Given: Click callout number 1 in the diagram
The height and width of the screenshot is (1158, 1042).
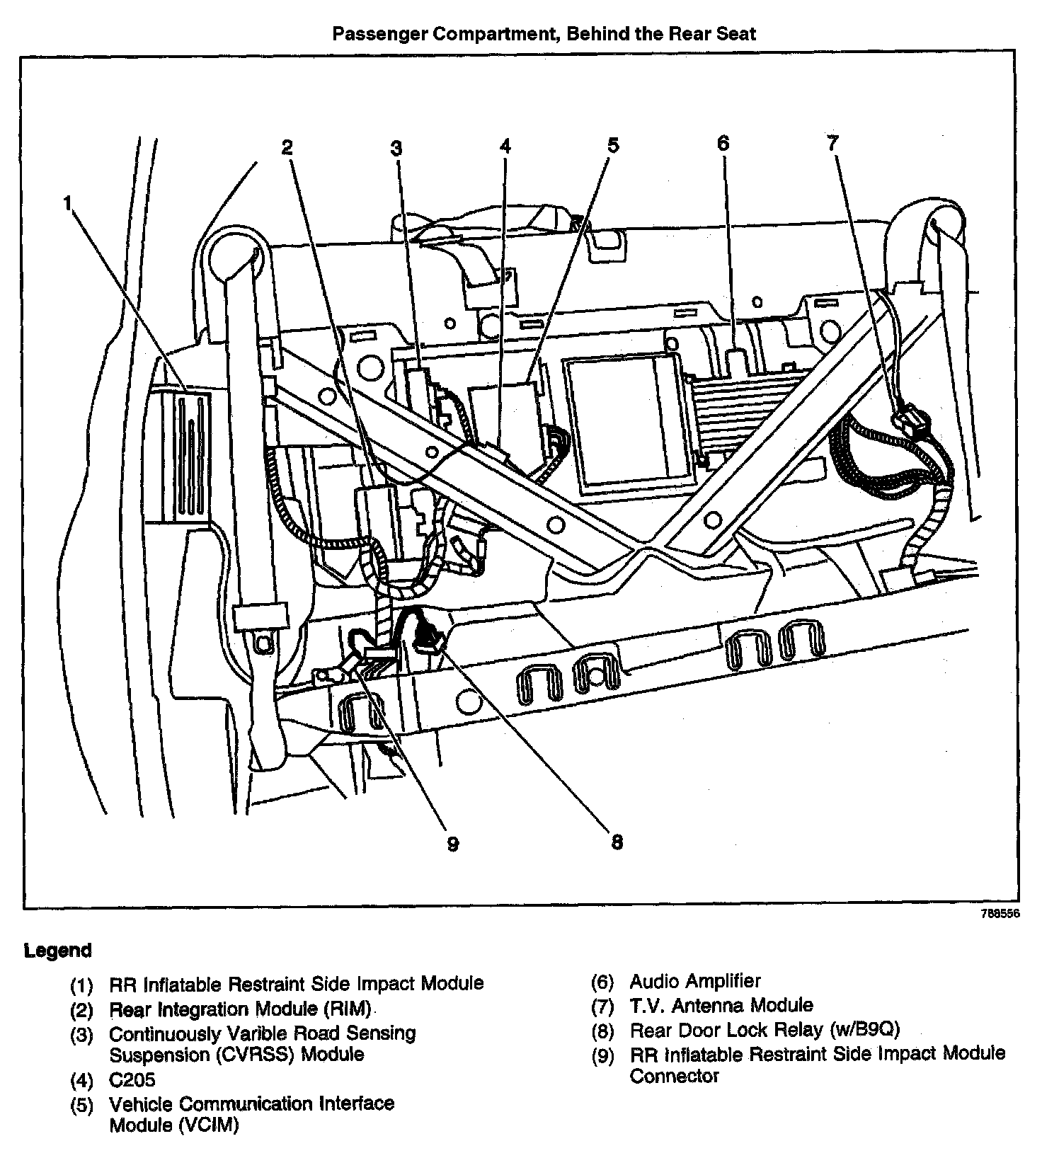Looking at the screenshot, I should (x=67, y=204).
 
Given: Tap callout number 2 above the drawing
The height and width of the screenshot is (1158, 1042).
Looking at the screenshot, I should (x=287, y=147).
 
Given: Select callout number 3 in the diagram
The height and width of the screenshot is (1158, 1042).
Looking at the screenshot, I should (x=396, y=148).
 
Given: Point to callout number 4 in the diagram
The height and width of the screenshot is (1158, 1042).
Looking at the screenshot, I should (x=505, y=146).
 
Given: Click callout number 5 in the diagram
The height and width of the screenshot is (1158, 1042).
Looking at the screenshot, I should (x=613, y=146).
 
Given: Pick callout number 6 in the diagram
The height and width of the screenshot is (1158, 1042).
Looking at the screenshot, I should (x=723, y=144).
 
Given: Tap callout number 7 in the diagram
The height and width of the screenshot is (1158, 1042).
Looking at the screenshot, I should (x=832, y=144).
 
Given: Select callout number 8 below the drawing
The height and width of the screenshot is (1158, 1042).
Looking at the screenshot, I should (x=617, y=842).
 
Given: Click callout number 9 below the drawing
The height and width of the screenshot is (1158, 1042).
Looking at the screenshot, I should (x=453, y=844).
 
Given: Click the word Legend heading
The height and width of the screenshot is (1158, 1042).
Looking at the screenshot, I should (x=58, y=951).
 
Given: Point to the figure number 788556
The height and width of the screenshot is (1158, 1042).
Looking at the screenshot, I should (x=1000, y=914).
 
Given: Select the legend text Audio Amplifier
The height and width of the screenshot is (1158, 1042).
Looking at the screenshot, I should (x=695, y=982).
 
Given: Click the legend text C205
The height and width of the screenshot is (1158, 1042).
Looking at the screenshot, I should (x=132, y=1080).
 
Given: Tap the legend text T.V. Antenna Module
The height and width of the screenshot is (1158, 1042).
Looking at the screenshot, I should (x=721, y=1005).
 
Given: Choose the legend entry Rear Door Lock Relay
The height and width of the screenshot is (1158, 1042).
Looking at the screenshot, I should (x=765, y=1030).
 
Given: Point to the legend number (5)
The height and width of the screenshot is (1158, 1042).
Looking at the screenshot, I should (x=82, y=1105).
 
